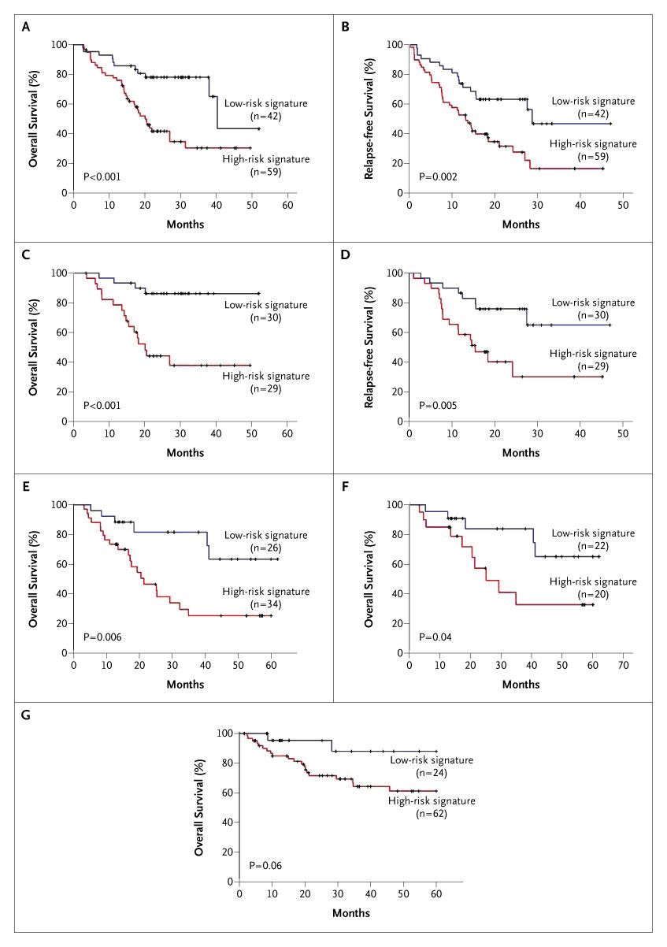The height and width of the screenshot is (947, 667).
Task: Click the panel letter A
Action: pyautogui.click(x=26, y=27)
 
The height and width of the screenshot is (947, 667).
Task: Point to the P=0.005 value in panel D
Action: pyautogui.click(x=438, y=406)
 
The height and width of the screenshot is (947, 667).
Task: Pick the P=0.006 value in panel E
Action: pyautogui.click(x=102, y=637)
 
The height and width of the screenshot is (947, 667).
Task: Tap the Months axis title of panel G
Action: pyautogui.click(x=346, y=913)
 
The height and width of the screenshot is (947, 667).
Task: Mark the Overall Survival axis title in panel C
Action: pyautogui.click(x=33, y=347)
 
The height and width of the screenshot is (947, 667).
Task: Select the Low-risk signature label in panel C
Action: pyautogui.click(x=264, y=305)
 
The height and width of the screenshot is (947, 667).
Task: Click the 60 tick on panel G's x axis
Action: pyautogui.click(x=436, y=896)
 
